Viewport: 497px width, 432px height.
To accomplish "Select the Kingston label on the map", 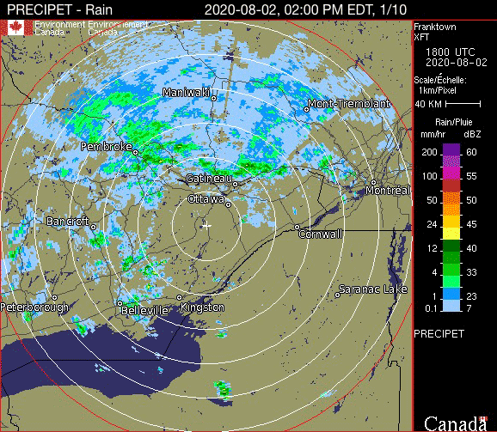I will (x=203, y=307).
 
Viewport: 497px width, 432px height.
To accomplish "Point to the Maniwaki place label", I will (x=188, y=92).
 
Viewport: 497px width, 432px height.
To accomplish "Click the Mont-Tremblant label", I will (x=348, y=104).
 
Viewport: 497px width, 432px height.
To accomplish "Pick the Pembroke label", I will (x=106, y=147).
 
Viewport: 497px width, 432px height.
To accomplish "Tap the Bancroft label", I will (x=68, y=221).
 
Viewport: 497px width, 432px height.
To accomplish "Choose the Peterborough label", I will (x=34, y=307).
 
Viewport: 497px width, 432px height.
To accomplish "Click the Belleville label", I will (x=144, y=310).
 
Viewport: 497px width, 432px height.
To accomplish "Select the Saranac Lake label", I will (x=372, y=289).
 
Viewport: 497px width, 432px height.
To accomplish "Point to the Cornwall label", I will (x=321, y=234).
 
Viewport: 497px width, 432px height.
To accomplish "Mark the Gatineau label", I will (x=210, y=178).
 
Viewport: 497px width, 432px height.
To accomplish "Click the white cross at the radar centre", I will (x=206, y=225).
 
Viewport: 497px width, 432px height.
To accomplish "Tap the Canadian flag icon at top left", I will (x=15, y=27).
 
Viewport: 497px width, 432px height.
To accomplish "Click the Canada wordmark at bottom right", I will (x=454, y=423).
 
